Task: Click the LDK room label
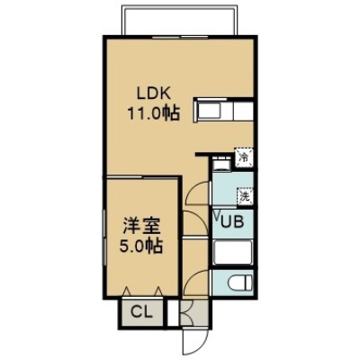point(154,94)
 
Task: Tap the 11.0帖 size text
point(154,113)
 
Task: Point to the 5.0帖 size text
point(141,247)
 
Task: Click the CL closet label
point(142,312)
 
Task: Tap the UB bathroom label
point(232,222)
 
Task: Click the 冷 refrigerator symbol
point(245,157)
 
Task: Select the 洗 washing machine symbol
point(246,196)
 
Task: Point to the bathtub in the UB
point(233,252)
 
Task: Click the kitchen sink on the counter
point(211,111)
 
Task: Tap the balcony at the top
point(180,21)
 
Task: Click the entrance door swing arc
point(194,345)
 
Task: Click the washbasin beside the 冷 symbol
point(221,164)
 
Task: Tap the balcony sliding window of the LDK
point(180,38)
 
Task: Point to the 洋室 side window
point(104,238)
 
